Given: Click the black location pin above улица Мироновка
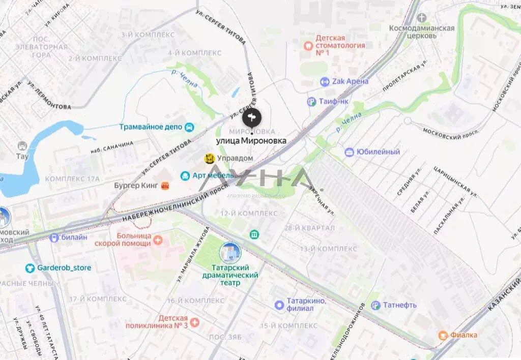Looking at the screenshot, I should point(252,118).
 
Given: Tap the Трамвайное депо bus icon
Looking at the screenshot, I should point(189,127).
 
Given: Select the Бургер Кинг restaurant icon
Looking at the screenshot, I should point(165,186).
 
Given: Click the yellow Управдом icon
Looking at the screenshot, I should point(209,159).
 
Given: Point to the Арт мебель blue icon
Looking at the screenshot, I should point(185,175).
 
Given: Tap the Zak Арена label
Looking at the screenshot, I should point(351,81).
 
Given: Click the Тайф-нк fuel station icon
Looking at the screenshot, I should point(312,102).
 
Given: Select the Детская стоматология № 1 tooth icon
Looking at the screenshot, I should point(307,45).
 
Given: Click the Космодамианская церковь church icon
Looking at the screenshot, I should point(421,18).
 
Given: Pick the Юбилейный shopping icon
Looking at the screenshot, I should point(349,152).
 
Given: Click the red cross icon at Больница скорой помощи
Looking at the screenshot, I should point(158,239).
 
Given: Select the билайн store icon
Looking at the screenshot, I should point(54,237).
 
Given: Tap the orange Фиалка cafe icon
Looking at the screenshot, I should point(443,335).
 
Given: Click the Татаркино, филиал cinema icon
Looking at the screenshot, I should point(279,305).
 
